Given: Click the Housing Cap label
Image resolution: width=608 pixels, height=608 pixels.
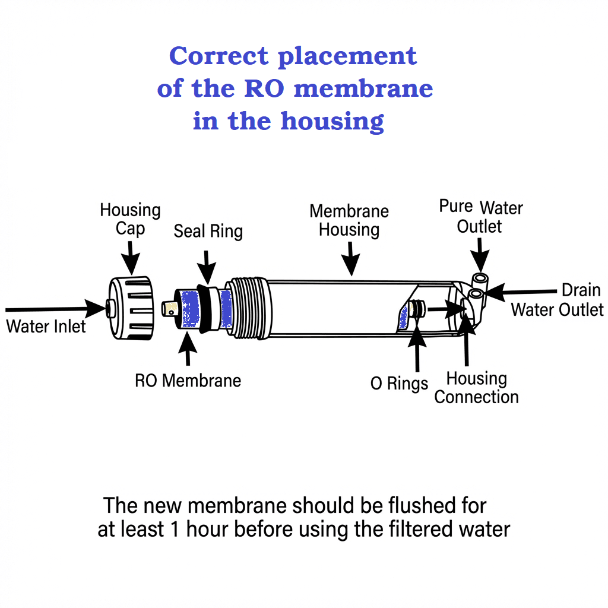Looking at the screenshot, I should click(130, 219).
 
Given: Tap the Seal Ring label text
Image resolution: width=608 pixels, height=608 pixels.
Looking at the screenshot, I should click(208, 231).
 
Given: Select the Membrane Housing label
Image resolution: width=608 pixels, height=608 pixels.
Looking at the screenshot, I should click(349, 220).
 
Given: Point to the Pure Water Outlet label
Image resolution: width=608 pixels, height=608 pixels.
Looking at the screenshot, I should click(480, 217).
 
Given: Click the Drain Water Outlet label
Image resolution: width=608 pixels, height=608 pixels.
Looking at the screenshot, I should click(558, 300).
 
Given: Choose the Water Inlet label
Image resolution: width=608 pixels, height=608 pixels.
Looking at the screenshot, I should click(46, 326).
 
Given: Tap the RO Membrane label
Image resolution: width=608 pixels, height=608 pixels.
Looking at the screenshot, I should click(188, 380).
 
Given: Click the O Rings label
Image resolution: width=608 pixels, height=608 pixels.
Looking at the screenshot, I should click(399, 384).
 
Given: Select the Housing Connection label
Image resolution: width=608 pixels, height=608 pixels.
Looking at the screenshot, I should click(476, 388).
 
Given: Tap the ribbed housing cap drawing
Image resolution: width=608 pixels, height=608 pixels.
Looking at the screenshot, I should click(132, 308).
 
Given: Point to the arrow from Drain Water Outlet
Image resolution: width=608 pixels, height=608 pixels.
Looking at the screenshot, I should click(522, 292).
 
